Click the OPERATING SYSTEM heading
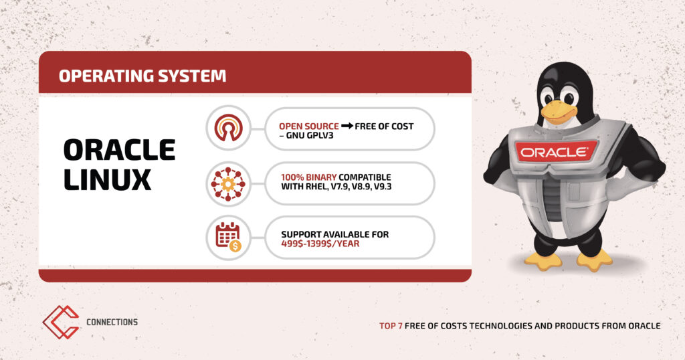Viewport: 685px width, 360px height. point(142,76)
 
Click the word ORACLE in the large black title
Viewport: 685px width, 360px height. point(119,150)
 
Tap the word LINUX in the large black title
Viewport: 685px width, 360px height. point(108,179)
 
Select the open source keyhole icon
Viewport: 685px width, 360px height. point(228,128)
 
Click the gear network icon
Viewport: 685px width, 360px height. point(228,184)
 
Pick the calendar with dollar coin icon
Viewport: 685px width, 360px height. point(229,238)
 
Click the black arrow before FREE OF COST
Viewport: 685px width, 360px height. point(347,126)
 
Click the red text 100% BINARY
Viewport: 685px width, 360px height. point(308,177)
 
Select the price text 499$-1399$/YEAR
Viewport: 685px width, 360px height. point(320,244)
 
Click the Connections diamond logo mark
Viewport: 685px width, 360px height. point(61,322)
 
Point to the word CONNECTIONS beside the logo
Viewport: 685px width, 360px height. point(112,322)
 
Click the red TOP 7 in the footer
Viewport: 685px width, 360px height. point(391,326)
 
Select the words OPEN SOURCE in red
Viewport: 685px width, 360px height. point(309,126)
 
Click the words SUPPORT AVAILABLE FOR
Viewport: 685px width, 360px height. point(334,235)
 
